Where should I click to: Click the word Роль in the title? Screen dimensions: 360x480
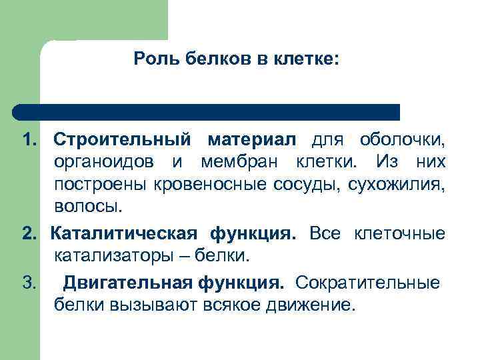(152, 60)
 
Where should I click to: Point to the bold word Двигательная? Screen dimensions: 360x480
(127, 283)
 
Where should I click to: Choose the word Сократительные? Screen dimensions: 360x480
(367, 283)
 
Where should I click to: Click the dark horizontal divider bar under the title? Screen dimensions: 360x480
(207, 111)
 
